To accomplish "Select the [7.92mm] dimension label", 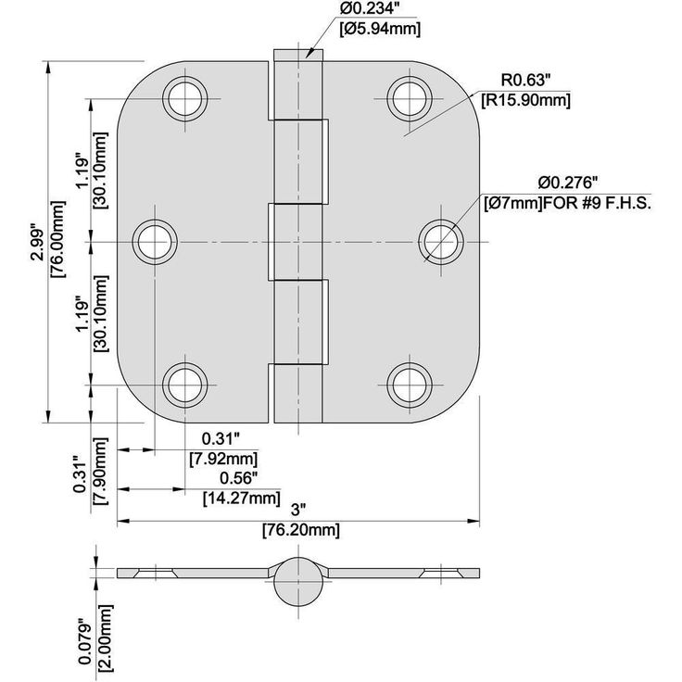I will point(222,458).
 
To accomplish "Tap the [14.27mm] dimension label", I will point(241,499).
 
